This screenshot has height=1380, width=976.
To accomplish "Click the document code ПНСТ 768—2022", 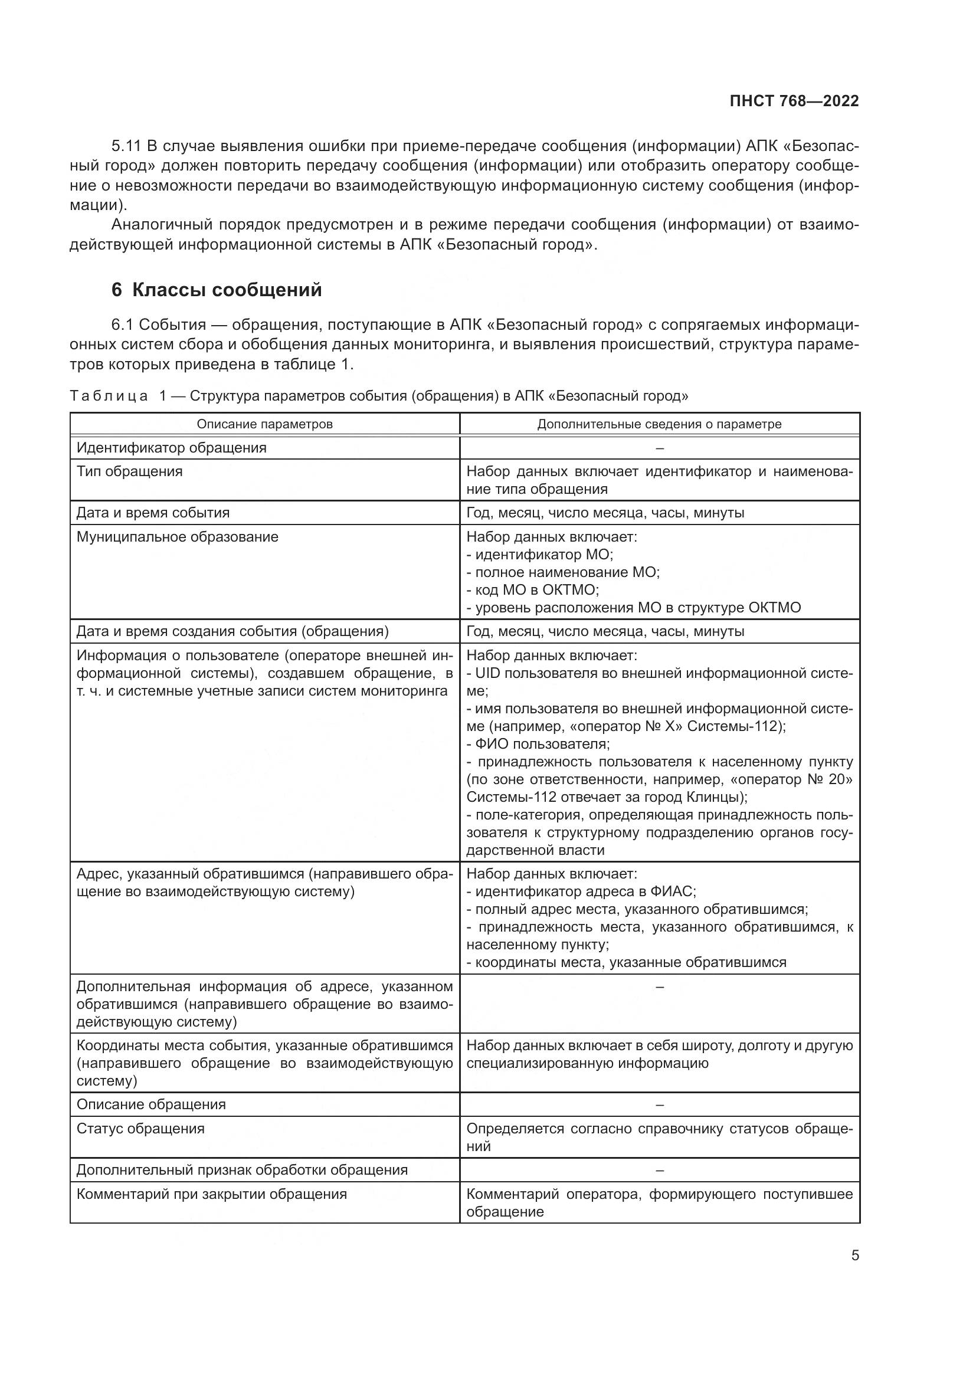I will (794, 101).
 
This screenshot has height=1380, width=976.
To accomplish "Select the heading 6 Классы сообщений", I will (217, 290).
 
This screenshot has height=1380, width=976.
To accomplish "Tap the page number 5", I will (854, 1255).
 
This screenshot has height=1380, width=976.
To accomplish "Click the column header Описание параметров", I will (264, 424).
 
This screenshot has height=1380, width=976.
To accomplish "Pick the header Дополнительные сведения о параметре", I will (659, 424).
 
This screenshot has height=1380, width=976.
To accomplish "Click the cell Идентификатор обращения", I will (172, 448).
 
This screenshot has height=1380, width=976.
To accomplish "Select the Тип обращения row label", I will (130, 471).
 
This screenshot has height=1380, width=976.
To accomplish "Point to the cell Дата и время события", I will (153, 513).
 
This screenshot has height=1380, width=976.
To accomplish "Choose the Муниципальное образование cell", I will (178, 537).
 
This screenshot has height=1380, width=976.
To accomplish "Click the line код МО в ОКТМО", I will (532, 589).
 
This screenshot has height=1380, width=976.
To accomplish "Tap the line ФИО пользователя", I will (539, 744).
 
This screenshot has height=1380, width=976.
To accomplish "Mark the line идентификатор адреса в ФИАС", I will (581, 891).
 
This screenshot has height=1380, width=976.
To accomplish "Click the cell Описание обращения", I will (152, 1104).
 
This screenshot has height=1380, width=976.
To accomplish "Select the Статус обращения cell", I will (140, 1128).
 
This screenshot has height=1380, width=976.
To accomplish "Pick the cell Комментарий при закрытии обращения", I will (212, 1194).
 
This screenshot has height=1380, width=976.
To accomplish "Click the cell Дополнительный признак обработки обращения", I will (242, 1169).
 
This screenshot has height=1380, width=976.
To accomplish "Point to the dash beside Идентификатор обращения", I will (659, 448).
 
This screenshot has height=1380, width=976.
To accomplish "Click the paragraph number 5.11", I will (126, 146).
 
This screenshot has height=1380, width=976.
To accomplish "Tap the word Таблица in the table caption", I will (109, 396).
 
